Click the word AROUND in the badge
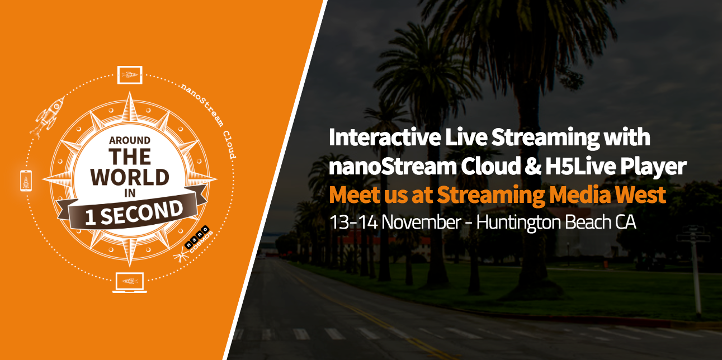coord(130,140)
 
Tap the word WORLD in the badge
coord(130,177)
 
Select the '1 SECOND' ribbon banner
coord(132,211)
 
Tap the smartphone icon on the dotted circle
coord(26,181)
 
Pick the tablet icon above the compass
coord(130,75)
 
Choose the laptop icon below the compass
coord(130,282)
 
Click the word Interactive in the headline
coord(385,138)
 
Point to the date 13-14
coord(353,222)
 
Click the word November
coord(422,222)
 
